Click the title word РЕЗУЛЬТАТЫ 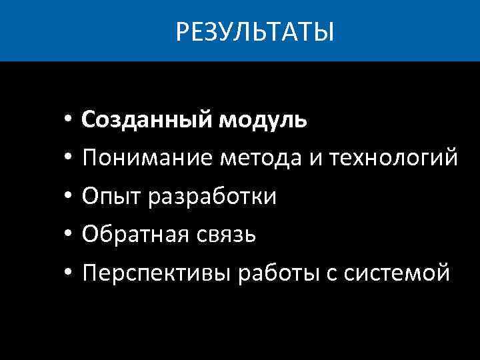(255, 31)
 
